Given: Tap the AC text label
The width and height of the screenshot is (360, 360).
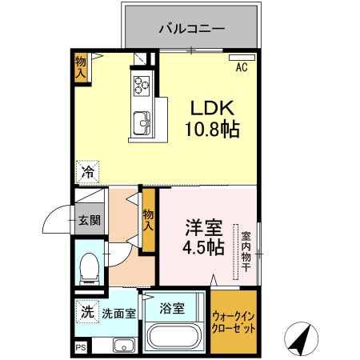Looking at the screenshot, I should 241,68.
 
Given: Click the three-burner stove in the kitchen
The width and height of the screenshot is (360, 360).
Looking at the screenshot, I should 142,82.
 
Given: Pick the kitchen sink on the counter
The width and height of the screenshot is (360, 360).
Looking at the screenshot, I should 142,122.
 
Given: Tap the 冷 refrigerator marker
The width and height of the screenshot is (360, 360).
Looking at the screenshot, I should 88,170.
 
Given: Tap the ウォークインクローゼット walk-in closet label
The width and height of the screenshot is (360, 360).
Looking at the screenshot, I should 235,322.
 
